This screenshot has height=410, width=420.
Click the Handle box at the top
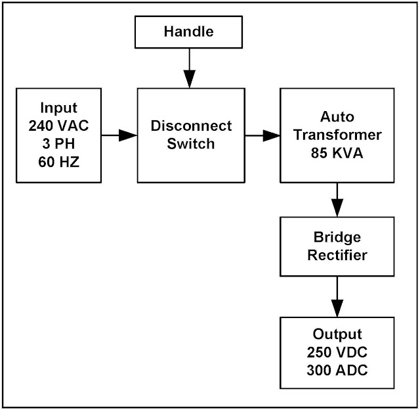(x=188, y=32)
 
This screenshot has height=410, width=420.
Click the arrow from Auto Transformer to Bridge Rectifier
(x=337, y=200)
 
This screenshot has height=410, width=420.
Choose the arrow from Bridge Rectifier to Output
(x=337, y=296)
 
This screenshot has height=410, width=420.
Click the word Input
(x=59, y=108)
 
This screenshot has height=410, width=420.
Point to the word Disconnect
(x=191, y=125)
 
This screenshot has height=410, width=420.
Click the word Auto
(x=337, y=116)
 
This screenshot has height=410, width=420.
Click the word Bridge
(x=337, y=238)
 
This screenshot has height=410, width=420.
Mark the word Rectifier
(x=337, y=255)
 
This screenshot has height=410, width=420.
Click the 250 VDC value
(x=337, y=352)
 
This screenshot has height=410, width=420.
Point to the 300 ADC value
(x=337, y=369)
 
